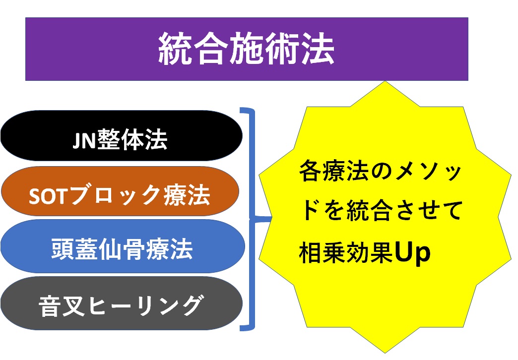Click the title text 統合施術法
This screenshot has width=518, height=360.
click(247, 49)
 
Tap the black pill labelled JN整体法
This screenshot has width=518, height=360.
click(121, 136)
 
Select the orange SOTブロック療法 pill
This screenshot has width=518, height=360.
click(120, 191)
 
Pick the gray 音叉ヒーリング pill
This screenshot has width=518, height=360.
click(122, 303)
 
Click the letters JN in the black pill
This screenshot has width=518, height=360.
click(84, 140)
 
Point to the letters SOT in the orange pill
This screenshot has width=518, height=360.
click(48, 196)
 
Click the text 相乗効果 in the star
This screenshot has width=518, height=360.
click(346, 253)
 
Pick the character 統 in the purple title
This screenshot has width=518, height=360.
click(175, 49)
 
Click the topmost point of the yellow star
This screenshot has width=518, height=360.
click(385, 81)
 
